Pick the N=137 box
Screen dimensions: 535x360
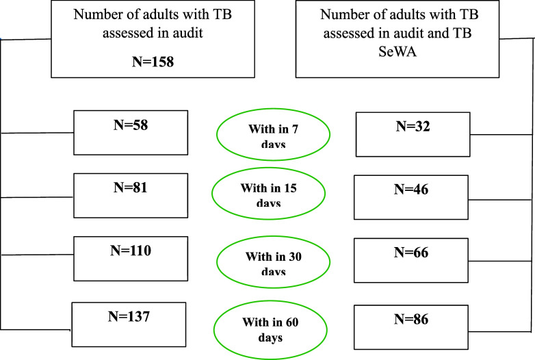128,324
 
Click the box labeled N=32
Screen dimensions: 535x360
413,133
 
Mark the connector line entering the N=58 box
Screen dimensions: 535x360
38,133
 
